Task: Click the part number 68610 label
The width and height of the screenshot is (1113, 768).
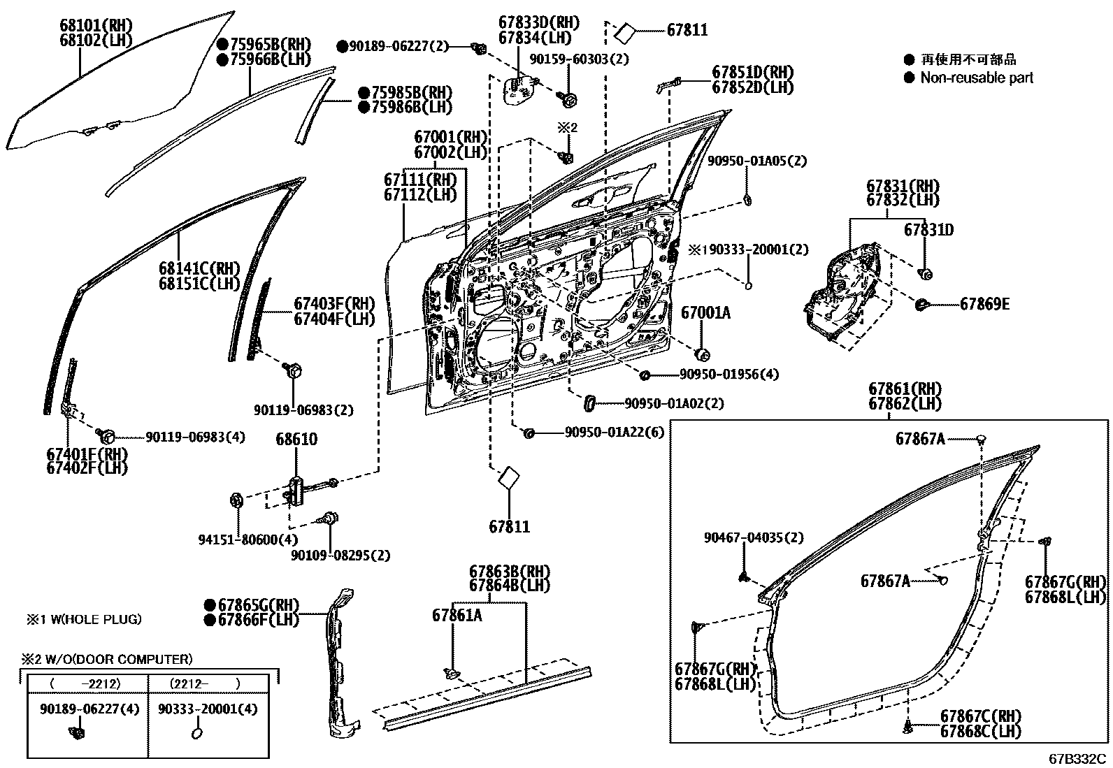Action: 296,440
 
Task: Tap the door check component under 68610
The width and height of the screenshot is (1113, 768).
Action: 296,488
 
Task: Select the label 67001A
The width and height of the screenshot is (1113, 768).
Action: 705,313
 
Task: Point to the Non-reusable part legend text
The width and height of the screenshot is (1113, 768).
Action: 976,78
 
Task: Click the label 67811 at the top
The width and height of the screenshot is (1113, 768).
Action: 687,30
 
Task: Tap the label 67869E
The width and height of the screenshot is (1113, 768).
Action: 984,304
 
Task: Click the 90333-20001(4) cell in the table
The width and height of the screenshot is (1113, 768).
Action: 208,709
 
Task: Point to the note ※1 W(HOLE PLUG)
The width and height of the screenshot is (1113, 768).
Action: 84,618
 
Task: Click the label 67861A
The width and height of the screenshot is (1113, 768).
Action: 457,615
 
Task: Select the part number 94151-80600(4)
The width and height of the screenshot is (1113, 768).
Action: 238,539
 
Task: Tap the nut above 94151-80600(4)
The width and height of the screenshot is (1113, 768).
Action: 236,500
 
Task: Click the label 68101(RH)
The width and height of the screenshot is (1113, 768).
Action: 96,27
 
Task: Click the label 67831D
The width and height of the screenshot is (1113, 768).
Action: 928,230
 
